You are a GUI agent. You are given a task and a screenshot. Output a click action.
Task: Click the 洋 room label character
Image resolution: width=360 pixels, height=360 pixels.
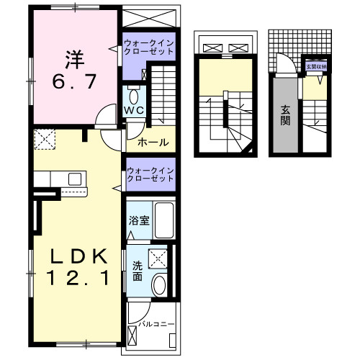75,60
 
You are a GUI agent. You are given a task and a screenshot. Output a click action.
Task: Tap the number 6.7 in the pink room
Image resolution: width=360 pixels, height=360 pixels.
74,81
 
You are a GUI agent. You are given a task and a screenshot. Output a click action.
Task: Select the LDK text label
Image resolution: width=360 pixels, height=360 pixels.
78,256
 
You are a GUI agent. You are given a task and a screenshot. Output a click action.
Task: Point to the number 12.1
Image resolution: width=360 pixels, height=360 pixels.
78,278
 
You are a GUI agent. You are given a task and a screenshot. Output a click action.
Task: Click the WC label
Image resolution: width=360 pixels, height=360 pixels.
134,110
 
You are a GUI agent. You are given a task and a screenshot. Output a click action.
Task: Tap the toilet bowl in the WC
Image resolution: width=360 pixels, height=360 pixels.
134,96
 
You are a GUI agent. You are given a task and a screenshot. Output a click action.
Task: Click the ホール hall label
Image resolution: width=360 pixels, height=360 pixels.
153,143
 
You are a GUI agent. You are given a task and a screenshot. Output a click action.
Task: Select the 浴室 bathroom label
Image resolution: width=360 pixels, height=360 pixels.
139,220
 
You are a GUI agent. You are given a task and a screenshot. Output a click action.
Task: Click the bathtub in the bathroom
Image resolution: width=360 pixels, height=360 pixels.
164,220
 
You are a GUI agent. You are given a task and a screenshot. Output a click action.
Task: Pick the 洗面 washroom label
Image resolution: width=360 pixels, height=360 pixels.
138,271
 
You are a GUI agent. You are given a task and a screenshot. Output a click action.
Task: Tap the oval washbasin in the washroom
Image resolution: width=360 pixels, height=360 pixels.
159,285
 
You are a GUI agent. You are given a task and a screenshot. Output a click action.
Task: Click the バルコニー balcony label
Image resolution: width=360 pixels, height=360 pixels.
156,324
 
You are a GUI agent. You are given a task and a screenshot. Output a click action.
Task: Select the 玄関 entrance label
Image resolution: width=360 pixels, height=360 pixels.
286,115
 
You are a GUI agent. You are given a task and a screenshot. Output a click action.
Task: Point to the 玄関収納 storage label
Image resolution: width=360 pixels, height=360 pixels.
316,67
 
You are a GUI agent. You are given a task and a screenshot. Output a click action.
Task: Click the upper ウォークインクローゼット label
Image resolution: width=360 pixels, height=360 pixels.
149,48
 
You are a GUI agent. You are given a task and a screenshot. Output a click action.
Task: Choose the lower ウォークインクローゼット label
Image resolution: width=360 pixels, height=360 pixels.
150,174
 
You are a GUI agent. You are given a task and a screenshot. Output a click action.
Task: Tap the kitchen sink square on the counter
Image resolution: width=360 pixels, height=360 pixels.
75,179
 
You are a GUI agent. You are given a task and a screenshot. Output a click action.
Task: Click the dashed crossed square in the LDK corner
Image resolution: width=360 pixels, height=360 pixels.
45,139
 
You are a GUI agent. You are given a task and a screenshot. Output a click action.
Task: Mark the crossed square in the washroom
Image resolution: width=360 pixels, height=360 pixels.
158,258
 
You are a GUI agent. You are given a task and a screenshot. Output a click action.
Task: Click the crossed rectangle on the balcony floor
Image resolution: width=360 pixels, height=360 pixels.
132,336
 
